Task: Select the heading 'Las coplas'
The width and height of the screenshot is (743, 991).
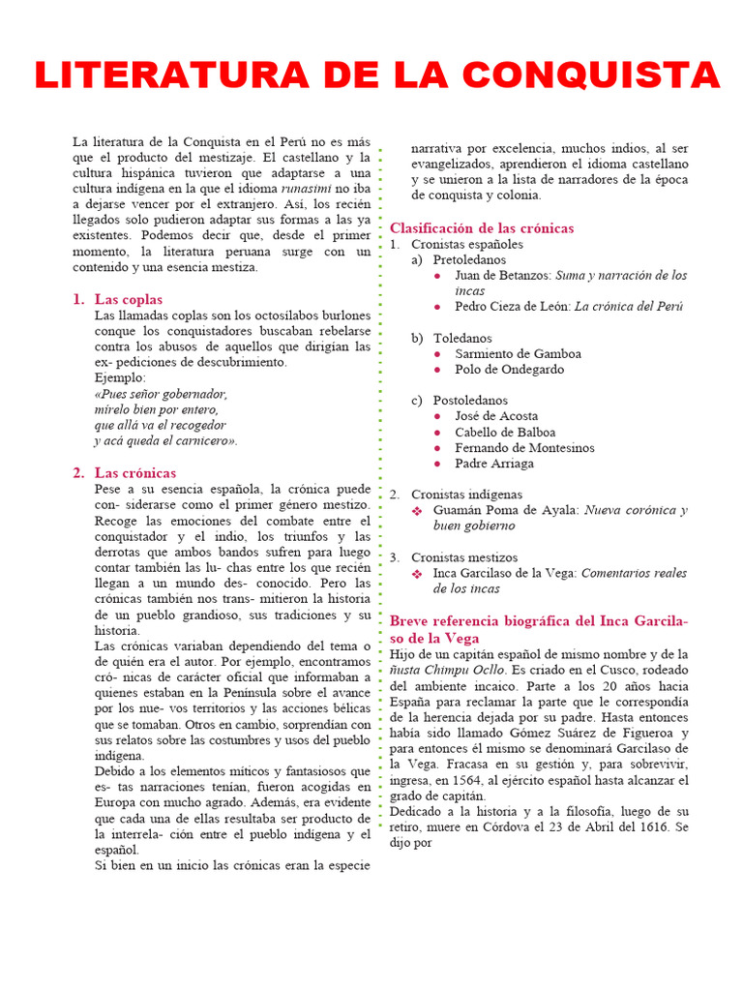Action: point(129,299)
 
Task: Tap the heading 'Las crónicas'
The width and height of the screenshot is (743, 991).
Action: point(135,473)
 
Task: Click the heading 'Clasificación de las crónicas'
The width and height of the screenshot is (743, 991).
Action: point(482,227)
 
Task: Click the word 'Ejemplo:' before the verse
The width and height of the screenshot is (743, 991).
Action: point(120,377)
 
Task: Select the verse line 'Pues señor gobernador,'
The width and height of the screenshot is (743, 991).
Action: point(162,394)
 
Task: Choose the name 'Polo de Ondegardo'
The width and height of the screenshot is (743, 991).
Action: point(510,370)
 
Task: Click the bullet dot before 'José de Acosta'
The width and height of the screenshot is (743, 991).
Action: point(439,417)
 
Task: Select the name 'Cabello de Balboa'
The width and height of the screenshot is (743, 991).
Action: point(505,433)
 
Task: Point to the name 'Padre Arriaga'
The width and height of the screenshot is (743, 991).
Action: point(493,464)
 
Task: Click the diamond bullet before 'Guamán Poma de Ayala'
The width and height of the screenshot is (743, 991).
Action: point(418,510)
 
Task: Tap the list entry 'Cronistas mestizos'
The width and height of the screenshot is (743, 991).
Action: point(464,557)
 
